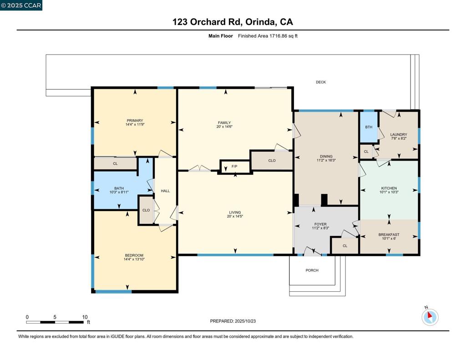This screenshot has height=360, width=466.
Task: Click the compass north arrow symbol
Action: (430, 317)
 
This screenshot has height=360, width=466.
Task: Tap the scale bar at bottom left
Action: (55, 322)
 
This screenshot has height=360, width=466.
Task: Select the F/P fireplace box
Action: (234, 167)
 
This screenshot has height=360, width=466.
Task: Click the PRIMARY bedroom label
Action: (135, 121)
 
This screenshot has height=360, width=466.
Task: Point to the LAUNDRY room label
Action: (398, 134)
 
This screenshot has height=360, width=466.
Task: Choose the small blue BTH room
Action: (369, 127)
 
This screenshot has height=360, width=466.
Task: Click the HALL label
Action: (165, 191)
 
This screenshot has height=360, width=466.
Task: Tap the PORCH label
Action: (312, 270)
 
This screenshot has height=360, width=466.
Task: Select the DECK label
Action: (321, 82)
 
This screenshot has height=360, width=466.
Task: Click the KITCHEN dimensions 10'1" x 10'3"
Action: (389, 192)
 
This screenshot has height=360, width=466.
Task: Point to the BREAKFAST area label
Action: (389, 235)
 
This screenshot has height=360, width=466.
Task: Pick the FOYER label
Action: (320, 224)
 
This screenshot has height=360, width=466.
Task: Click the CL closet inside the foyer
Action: (344, 246)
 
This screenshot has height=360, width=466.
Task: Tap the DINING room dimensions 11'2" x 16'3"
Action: (326, 160)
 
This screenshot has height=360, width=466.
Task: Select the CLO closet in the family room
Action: (272, 160)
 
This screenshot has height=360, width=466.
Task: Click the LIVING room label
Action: (235, 213)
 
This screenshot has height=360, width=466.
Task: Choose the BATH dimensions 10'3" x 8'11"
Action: (119, 192)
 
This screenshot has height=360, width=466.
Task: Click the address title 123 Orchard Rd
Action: (233, 22)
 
